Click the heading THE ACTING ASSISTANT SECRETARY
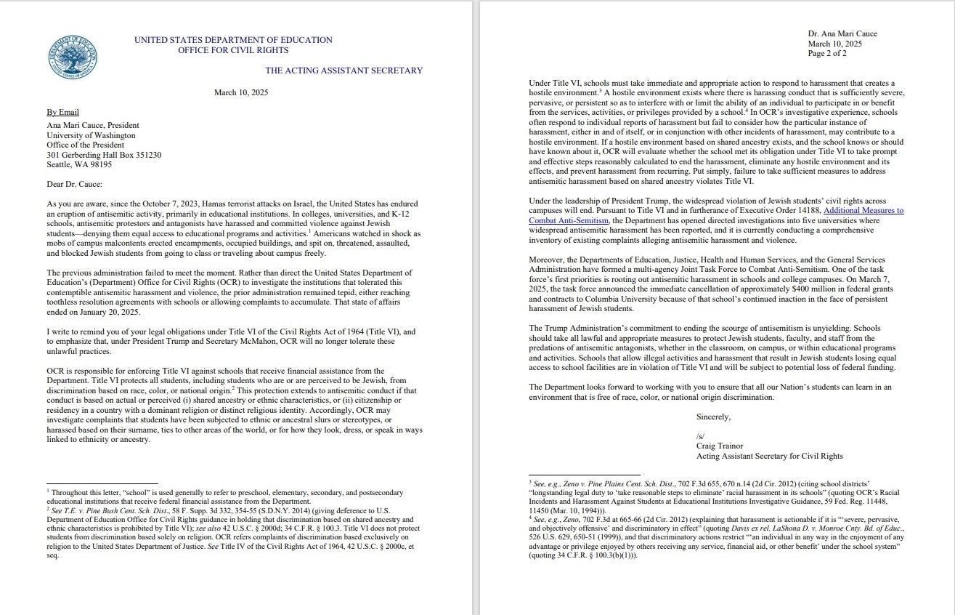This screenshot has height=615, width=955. point(344,71)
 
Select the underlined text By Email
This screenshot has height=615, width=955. point(63,113)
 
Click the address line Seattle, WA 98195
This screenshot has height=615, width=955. point(79,165)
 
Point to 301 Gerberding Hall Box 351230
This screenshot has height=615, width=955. point(104,155)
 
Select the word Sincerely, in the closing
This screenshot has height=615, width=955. point(713,417)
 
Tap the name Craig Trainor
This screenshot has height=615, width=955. point(720,446)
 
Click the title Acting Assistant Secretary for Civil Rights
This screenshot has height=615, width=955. point(769,457)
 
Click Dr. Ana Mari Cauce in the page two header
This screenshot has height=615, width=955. point(842,34)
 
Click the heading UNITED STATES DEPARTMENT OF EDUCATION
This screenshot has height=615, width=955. point(233,40)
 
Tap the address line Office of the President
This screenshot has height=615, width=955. point(85,145)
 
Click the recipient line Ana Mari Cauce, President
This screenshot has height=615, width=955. point(93,125)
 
